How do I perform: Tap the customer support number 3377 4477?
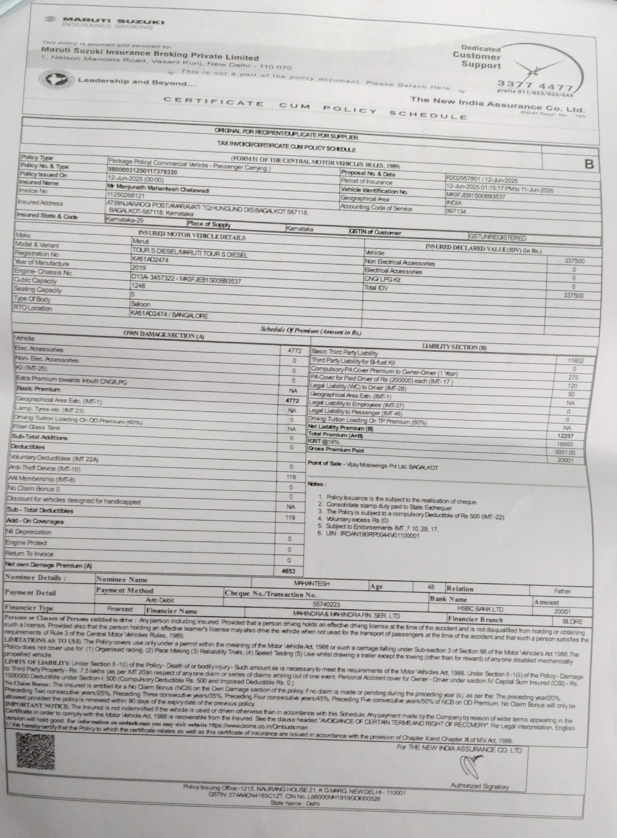[534, 86]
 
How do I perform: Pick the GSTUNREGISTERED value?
[497, 238]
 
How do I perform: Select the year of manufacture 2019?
[139, 268]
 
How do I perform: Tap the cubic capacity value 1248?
[138, 285]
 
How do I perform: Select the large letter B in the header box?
[589, 164]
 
